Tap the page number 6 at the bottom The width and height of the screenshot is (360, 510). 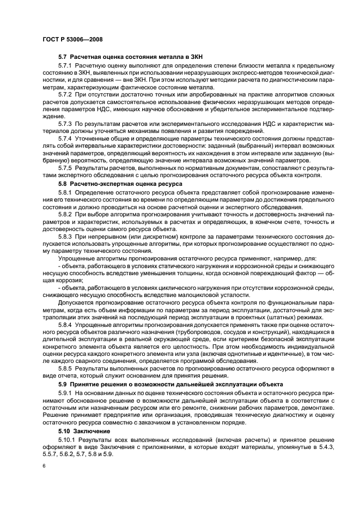pos(44,467)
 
